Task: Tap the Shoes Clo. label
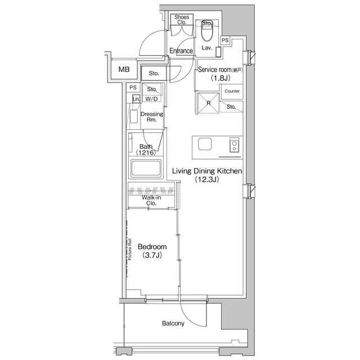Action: pyautogui.click(x=181, y=20)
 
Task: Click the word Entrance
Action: pyautogui.click(x=181, y=51)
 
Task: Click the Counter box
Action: pyautogui.click(x=232, y=91)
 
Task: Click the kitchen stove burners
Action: pyautogui.click(x=234, y=146)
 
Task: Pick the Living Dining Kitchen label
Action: pyautogui.click(x=206, y=170)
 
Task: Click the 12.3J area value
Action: pyautogui.click(x=206, y=180)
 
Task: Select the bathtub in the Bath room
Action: pyautogui.click(x=146, y=168)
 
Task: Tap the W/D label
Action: pyautogui.click(x=152, y=100)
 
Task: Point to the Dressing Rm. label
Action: pyautogui.click(x=152, y=117)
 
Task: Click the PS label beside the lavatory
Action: pyautogui.click(x=224, y=40)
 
